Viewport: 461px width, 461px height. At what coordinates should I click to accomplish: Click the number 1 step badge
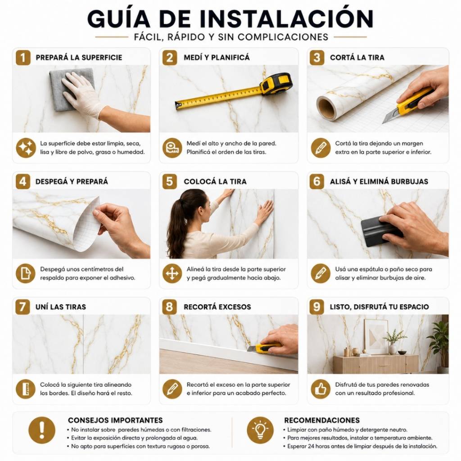23,57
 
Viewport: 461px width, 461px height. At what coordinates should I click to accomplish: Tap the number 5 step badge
170,181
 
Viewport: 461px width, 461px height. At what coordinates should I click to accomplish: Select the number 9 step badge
316,307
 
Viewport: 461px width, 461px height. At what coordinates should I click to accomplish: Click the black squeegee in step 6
381,232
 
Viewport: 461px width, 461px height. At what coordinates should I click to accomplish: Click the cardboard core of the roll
326,108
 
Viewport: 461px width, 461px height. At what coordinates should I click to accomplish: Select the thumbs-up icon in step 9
321,389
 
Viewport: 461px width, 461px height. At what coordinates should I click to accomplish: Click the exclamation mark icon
42,430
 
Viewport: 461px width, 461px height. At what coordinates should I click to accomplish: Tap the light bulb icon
260,430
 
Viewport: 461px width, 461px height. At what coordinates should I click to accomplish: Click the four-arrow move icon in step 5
172,273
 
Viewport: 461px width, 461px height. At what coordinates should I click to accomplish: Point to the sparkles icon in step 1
26,148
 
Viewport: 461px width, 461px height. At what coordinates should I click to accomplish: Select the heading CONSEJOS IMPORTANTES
115,420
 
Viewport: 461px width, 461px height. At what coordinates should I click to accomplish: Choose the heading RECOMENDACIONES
321,420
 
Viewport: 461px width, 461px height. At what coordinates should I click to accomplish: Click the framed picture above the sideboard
376,336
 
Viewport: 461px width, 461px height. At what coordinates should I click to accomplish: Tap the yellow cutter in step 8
265,348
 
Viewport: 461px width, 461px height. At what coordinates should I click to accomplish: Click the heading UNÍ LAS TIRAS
61,307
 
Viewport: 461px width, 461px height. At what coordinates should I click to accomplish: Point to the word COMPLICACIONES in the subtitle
283,37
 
